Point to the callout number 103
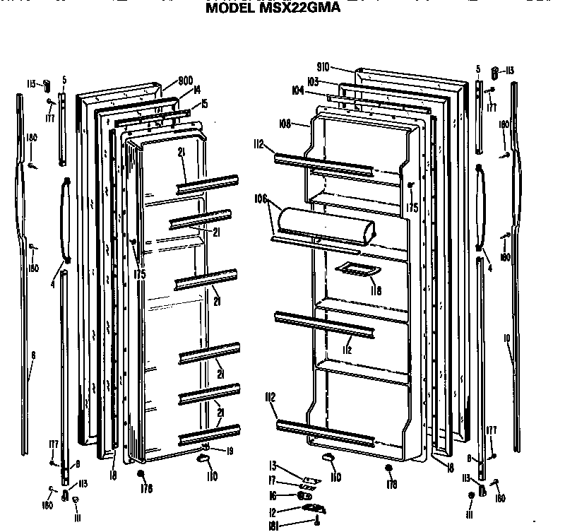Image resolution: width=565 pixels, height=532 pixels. point(314,82)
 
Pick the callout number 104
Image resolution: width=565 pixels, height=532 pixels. point(298,90)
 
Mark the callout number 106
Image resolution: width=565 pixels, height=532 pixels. point(261,199)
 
